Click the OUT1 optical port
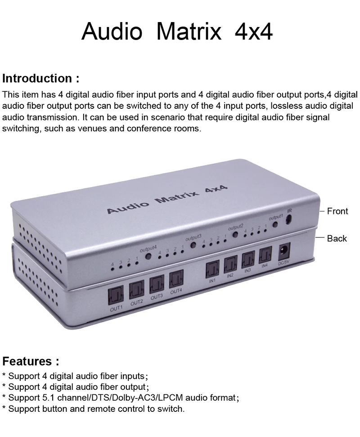[x=116, y=296]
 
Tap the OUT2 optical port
[x=136, y=290]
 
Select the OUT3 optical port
[x=157, y=284]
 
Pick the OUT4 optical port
[x=176, y=279]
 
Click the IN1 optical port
[x=212, y=270]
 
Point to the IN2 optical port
[x=230, y=265]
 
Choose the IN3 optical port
[x=248, y=260]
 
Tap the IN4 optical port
[x=265, y=255]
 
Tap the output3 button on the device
[x=193, y=245]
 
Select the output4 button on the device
[x=148, y=256]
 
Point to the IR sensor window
[x=288, y=219]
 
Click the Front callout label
[x=337, y=211]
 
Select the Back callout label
[x=337, y=238]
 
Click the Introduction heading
[x=40, y=78]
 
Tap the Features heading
[x=31, y=361]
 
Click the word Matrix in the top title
[x=189, y=31]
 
